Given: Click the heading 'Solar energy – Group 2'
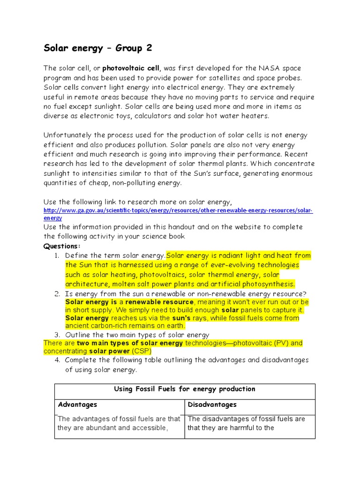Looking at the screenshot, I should click(97, 48).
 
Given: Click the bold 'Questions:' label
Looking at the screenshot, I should click(62, 246).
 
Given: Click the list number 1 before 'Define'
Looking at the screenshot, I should click(56, 255).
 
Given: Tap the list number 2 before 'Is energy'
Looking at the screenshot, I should click(56, 294).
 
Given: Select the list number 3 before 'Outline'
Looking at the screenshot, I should click(56, 335).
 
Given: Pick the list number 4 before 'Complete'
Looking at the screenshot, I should click(56, 360).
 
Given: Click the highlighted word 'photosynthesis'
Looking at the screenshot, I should click(269, 284).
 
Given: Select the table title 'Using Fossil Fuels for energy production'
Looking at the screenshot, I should click(185, 389).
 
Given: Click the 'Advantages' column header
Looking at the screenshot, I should click(77, 405).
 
